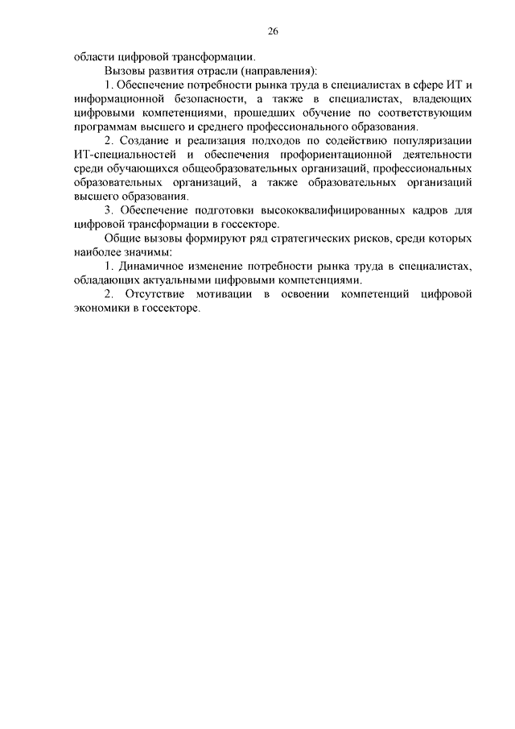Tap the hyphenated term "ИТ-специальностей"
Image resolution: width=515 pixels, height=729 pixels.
click(x=122, y=155)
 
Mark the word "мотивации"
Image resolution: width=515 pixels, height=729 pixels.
click(x=221, y=295)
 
